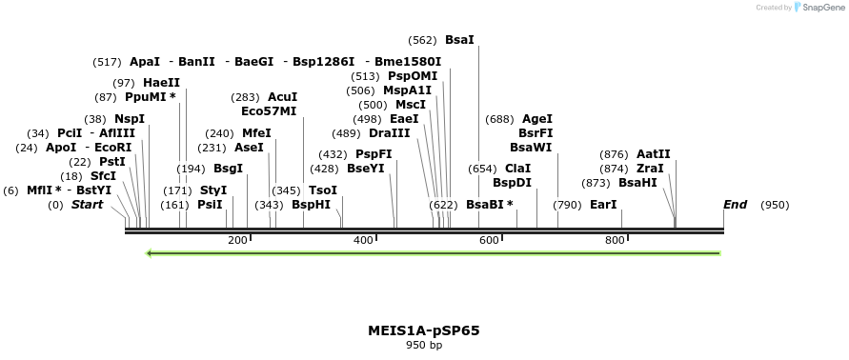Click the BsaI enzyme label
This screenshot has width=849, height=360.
coord(459,40)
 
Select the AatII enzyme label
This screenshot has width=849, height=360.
coord(654,154)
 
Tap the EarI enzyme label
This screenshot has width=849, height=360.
coord(603,205)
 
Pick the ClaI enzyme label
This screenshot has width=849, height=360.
coord(518,169)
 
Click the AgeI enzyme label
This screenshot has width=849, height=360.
coord(537,119)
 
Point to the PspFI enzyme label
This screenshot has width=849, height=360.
coord(374,154)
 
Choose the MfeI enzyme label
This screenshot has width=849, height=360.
coord(256,133)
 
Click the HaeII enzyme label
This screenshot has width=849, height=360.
coord(161,83)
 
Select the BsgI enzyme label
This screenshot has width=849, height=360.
coord(228,169)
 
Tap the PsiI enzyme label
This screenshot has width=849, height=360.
coord(210,205)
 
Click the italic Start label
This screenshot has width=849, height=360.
coord(87,205)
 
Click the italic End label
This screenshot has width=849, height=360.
coord(735,205)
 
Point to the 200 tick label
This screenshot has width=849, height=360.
coord(237,240)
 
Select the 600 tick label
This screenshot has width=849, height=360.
coord(489,240)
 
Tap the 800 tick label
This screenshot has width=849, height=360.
coord(615,240)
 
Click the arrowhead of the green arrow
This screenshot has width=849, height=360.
coord(151,253)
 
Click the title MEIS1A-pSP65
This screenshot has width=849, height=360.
coord(424,330)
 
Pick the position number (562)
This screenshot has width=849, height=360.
coord(422,40)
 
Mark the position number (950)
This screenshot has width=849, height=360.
coord(775,205)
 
